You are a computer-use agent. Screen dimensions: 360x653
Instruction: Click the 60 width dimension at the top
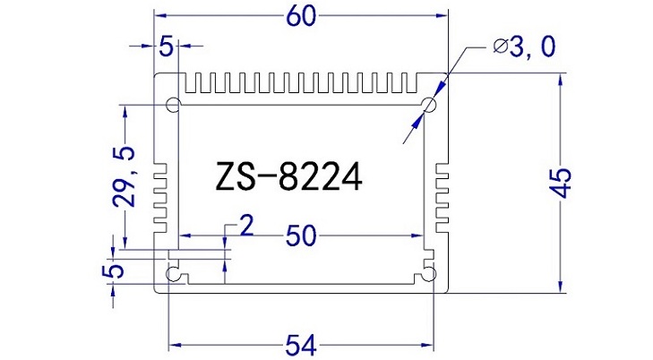(301, 15)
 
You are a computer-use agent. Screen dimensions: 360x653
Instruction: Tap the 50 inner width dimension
(301, 236)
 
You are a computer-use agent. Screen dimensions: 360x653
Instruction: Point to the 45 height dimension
(562, 183)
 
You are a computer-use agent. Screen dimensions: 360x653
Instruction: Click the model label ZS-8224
(288, 176)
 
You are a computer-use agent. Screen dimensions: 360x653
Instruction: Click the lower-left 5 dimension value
(113, 270)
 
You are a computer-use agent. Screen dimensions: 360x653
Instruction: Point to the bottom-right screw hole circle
(430, 273)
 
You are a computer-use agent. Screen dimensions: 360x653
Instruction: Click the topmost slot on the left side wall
(162, 167)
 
